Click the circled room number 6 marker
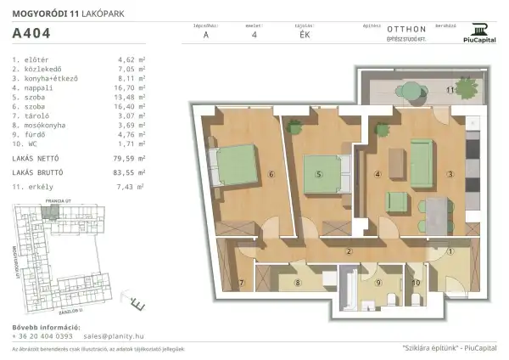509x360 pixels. [x=271, y=176]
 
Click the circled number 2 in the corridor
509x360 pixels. [x=349, y=252]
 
